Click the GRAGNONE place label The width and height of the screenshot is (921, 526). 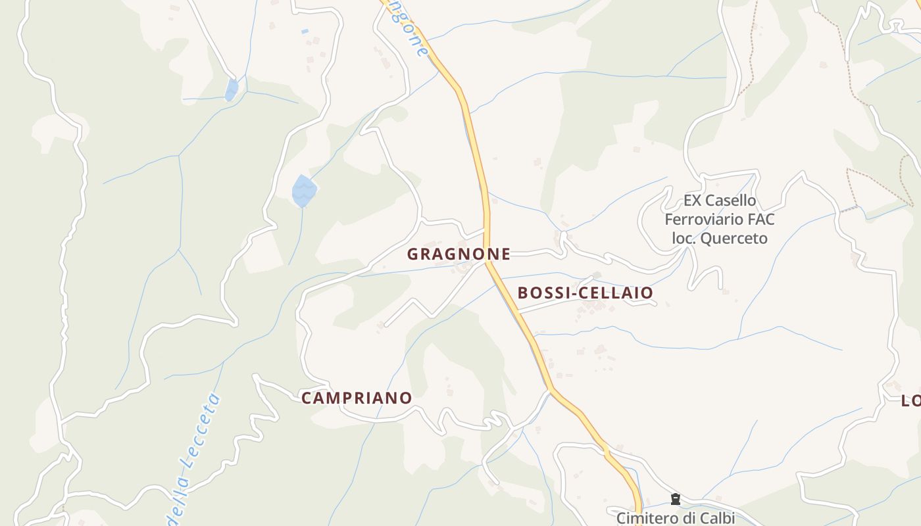pyautogui.click(x=459, y=254)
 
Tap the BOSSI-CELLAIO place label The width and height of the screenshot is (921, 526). pyautogui.click(x=585, y=293)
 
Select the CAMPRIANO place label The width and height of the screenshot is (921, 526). pyautogui.click(x=357, y=398)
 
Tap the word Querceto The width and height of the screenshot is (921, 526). pyautogui.click(x=734, y=238)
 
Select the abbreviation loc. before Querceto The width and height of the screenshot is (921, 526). pyautogui.click(x=684, y=238)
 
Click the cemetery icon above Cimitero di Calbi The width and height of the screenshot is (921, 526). pyautogui.click(x=675, y=500)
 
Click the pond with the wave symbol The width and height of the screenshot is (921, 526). pyautogui.click(x=304, y=191)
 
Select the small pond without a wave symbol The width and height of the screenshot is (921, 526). pyautogui.click(x=231, y=90)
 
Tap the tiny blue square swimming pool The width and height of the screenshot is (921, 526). pyautogui.click(x=305, y=31)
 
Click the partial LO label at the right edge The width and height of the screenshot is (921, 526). pyautogui.click(x=910, y=400)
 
